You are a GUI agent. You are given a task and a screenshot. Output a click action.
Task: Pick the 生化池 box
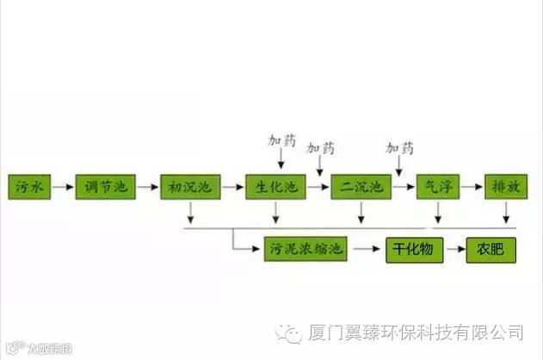pyautogui.click(x=275, y=186)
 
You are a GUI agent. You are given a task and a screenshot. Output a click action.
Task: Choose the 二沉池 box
pyautogui.click(x=361, y=186)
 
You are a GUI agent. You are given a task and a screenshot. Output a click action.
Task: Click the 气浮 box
pyautogui.click(x=440, y=186)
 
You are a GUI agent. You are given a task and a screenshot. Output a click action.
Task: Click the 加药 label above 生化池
pyautogui.click(x=281, y=140)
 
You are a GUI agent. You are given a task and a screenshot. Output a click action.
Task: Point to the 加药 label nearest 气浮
pyautogui.click(x=399, y=147)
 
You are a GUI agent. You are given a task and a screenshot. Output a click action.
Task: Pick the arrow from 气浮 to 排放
pyautogui.click(x=473, y=186)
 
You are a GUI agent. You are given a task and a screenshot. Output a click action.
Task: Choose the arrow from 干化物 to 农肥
pyautogui.click(x=458, y=250)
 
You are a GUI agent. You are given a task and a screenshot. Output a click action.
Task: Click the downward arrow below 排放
pyautogui.click(x=506, y=212)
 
